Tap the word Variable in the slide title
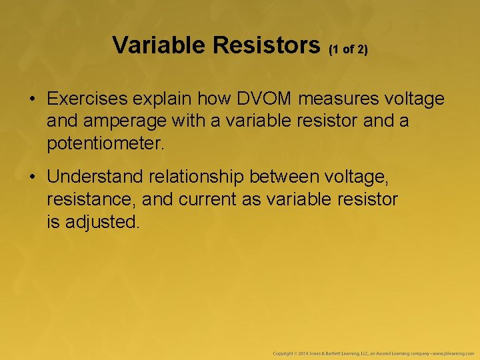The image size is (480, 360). coord(160,45)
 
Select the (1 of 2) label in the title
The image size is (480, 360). coord(348,49)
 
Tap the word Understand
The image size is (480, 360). coord(95,177)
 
